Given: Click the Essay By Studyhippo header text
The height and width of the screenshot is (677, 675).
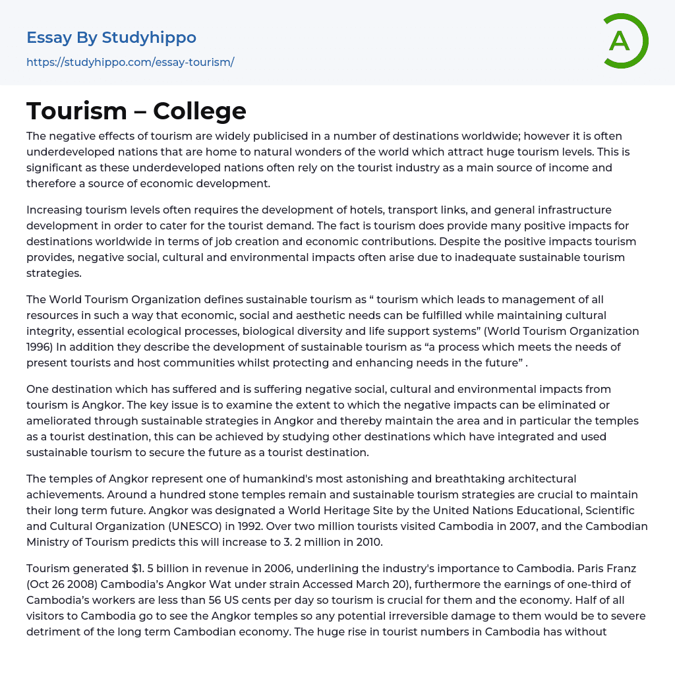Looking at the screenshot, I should click(x=111, y=38).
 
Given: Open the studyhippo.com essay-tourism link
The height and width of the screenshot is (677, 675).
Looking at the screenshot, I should click(x=131, y=63).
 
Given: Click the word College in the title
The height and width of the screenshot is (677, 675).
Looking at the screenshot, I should click(x=200, y=111).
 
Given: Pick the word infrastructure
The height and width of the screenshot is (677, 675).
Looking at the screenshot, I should click(x=574, y=210).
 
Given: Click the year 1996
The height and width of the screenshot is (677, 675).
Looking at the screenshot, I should click(x=39, y=347).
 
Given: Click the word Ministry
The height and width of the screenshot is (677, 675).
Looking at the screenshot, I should click(x=48, y=542).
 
